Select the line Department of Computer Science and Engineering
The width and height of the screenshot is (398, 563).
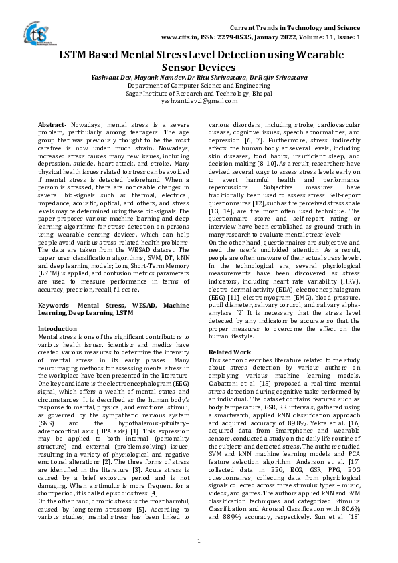click(199, 86)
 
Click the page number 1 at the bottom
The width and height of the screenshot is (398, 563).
click(199, 540)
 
